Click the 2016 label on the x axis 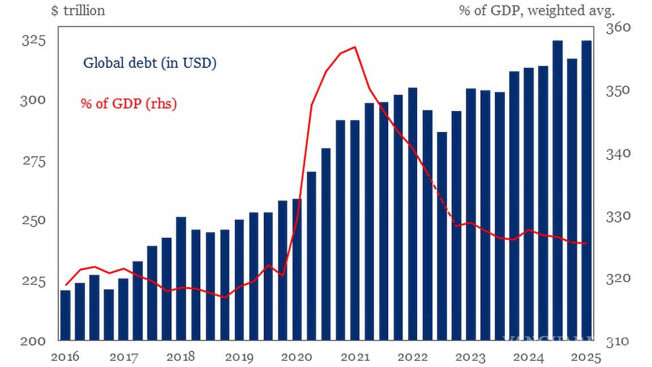[65, 357]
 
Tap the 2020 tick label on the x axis [297, 357]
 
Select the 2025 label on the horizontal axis [586, 357]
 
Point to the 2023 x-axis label [471, 357]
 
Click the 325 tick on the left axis [33, 41]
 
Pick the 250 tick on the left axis [33, 220]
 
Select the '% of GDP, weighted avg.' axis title [537, 11]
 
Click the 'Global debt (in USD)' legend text [150, 63]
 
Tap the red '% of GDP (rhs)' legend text [128, 104]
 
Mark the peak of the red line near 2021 [355, 47]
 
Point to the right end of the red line [586, 244]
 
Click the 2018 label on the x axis [181, 357]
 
